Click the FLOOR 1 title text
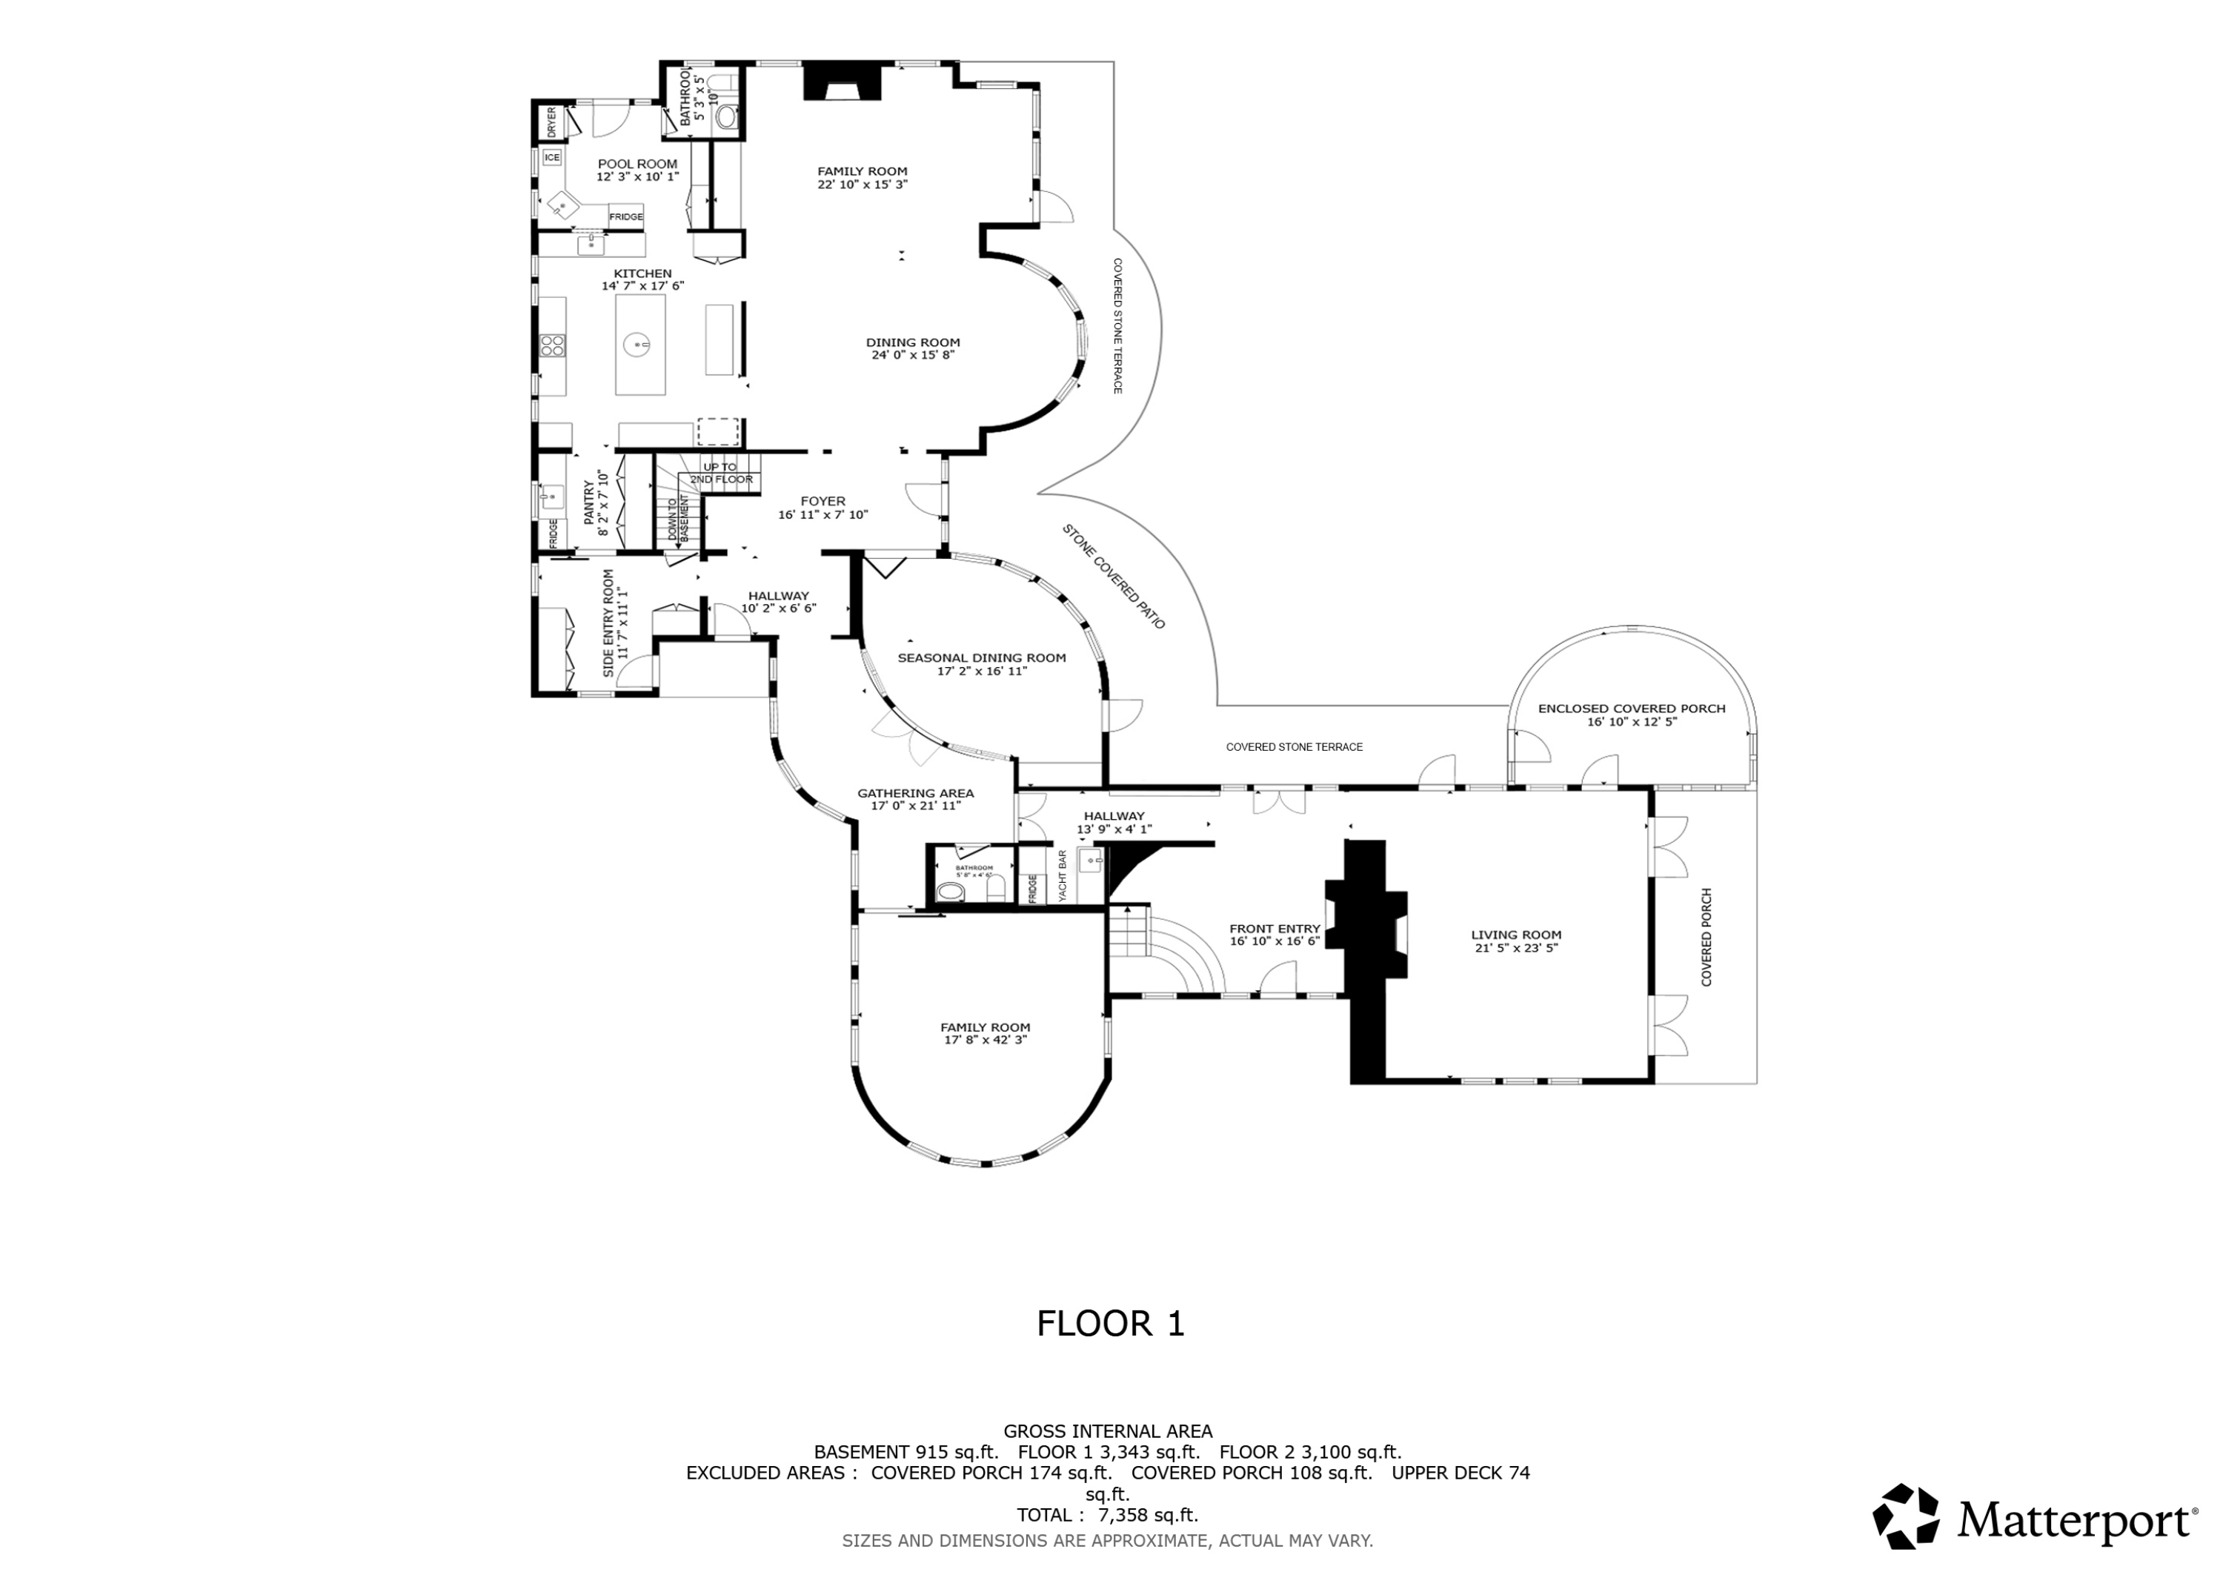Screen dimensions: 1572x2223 (x=1111, y=1323)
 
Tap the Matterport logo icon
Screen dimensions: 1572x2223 (x=1904, y=1516)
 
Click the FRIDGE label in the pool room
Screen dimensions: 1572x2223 (x=625, y=217)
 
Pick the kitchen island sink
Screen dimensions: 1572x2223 (x=639, y=343)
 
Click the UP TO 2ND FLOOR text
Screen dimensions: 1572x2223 (x=720, y=473)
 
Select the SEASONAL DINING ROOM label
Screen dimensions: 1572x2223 (x=981, y=657)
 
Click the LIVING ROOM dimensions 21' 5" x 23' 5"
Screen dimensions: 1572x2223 (x=1515, y=947)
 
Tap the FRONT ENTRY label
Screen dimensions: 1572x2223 (x=1275, y=928)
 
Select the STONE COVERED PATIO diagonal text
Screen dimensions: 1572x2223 (x=1114, y=577)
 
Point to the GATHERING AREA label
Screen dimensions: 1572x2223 (x=915, y=793)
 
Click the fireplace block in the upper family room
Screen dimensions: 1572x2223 (x=843, y=80)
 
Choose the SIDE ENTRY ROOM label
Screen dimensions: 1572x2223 (x=609, y=623)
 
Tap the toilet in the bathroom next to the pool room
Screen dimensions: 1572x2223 (x=726, y=117)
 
